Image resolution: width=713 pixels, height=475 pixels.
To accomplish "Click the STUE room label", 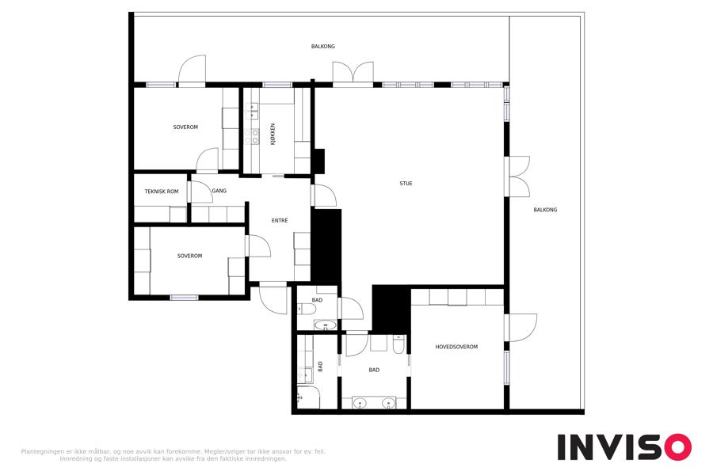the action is [406, 184].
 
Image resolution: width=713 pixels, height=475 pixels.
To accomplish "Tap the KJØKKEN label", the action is [273, 134].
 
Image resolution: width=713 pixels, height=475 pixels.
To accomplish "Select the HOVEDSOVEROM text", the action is [456, 347].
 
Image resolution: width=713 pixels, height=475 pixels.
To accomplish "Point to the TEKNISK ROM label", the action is [162, 192].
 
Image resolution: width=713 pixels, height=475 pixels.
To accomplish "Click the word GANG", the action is [219, 191].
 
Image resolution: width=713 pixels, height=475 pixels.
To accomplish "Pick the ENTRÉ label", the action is [280, 220].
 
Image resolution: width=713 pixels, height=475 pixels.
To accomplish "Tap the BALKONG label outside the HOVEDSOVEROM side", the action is [545, 210].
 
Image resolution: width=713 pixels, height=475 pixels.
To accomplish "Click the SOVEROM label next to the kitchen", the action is [185, 127].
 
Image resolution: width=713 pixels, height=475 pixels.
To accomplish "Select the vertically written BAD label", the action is [320, 367].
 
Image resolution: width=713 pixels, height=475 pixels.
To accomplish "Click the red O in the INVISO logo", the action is [678, 447].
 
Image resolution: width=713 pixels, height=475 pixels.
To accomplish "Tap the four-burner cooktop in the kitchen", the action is [251, 136].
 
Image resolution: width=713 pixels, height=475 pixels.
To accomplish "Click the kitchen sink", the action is [252, 112].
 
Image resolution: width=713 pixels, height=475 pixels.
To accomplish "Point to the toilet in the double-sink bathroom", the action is [398, 345].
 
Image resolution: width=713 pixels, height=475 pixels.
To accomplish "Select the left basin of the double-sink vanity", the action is [360, 403].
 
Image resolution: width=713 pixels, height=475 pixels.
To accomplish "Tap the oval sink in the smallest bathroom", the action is [326, 325].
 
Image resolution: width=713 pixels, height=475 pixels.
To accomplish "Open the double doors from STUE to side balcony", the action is [517, 177].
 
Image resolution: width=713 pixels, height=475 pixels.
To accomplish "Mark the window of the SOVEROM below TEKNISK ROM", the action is [184, 298].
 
